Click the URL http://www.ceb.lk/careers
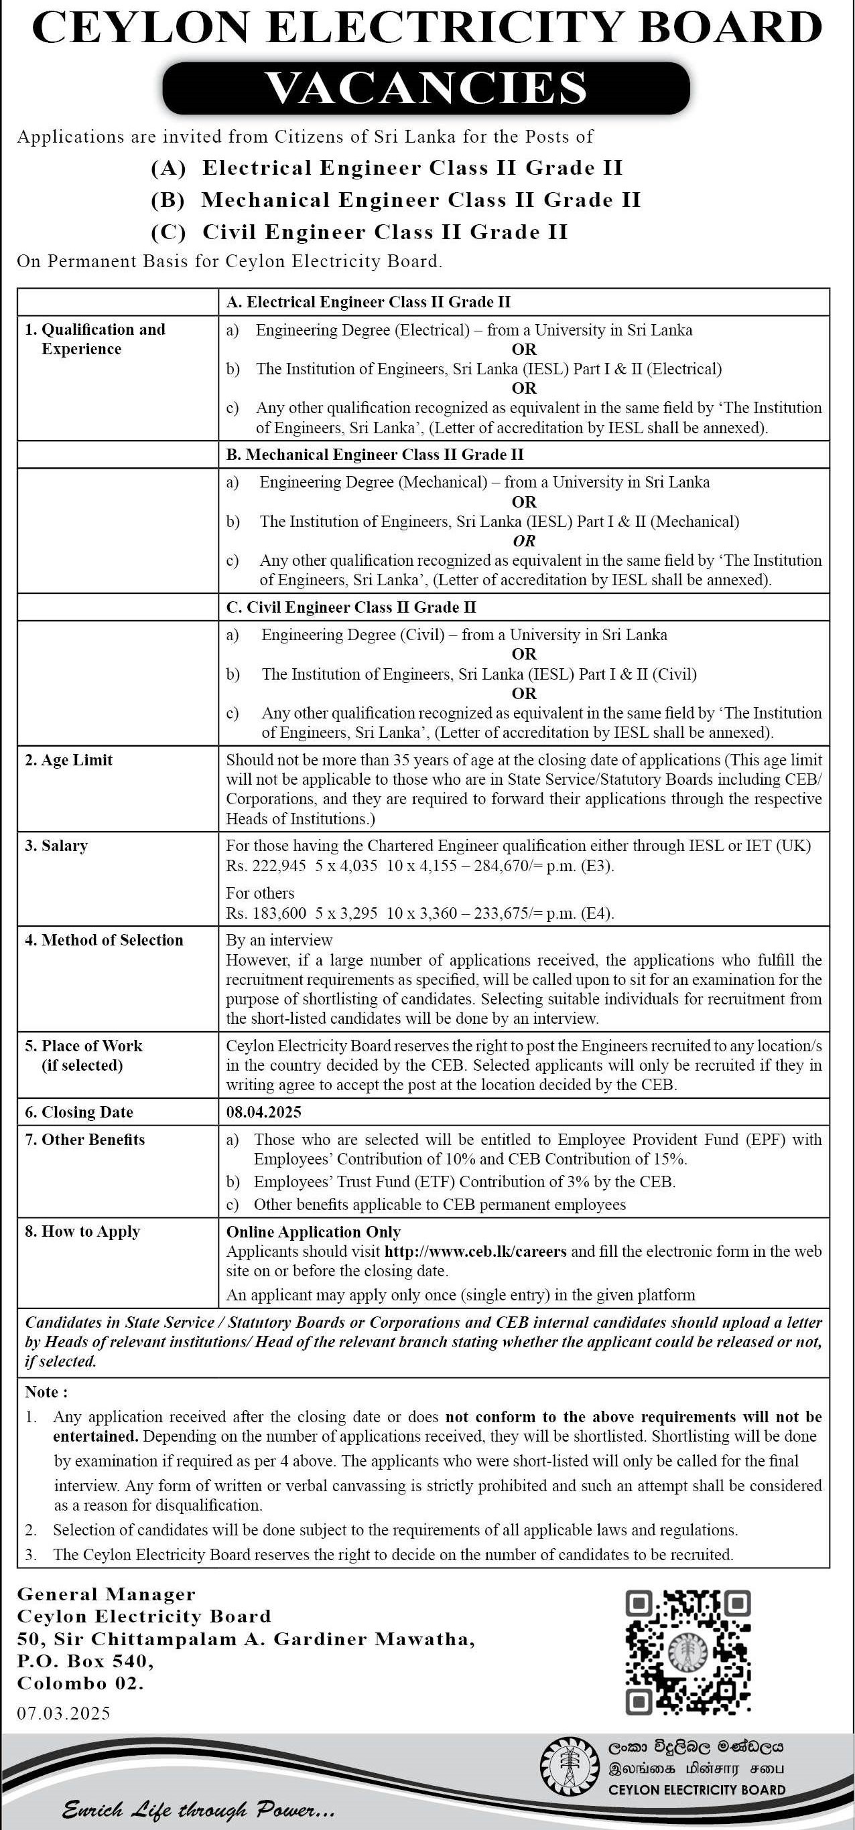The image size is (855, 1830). pos(476,1251)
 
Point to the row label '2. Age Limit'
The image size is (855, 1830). pos(69,759)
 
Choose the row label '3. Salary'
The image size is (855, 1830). pos(56,846)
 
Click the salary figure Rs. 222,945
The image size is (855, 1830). pos(266,865)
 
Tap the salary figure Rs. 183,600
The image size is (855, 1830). pos(266,913)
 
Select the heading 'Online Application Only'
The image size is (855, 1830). pos(314,1232)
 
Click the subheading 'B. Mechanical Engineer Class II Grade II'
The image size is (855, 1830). pos(375,454)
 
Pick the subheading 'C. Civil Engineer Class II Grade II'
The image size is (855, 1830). pos(351,607)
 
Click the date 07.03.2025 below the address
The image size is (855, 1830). pos(64,1713)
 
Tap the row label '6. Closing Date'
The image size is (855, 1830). pos(79,1112)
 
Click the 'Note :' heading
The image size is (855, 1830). pos(46,1391)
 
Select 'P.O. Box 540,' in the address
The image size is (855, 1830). pos(85,1661)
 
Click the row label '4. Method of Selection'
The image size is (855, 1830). pos(104,940)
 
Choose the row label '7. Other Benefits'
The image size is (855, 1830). pos(84,1140)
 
